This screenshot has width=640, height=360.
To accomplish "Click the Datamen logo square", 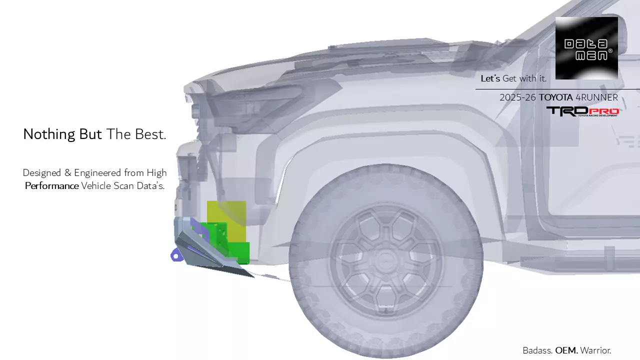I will tap(586, 48).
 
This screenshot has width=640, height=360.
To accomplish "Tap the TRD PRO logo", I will tap(582, 111).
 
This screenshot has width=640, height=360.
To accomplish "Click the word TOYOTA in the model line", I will tap(555, 97).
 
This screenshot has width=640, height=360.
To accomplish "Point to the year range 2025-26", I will tap(517, 97).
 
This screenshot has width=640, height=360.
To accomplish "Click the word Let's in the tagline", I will tap(490, 78).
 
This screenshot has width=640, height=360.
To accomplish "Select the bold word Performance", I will tap(52, 186).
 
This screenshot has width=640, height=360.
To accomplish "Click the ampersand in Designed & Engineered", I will tap(68, 173).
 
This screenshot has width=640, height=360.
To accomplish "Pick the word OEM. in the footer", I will tap(566, 350).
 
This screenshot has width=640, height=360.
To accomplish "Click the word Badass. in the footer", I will tap(537, 350).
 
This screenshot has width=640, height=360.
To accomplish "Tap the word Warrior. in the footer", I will tap(595, 350).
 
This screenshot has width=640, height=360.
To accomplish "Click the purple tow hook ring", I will tap(175, 256).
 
